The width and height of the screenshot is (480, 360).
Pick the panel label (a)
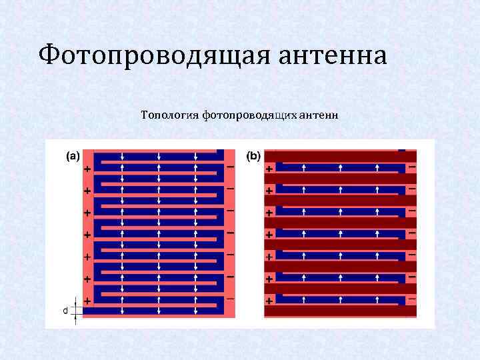(x=71, y=157)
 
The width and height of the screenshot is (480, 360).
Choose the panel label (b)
(x=254, y=157)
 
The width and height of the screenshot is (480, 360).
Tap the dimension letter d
(x=65, y=310)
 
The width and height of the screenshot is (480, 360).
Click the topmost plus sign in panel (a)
(x=87, y=169)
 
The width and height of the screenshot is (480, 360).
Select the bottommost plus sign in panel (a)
(x=87, y=301)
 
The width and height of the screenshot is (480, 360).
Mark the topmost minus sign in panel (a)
(x=230, y=166)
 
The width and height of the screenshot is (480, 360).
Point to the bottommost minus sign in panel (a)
(x=230, y=298)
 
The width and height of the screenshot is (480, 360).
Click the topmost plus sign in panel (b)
(x=269, y=169)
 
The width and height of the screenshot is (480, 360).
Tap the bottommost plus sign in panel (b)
(x=269, y=301)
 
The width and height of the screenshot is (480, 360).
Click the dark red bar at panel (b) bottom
(x=340, y=311)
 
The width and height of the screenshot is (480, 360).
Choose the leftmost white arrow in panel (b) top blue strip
(x=304, y=167)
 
